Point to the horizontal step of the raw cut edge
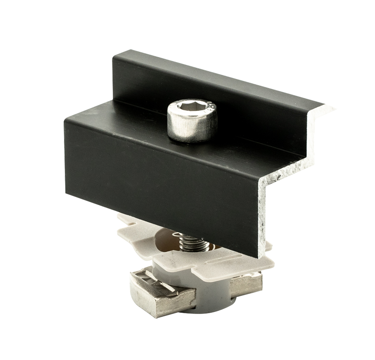click(x=287, y=169)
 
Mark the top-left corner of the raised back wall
click(x=115, y=52)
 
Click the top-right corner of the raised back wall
click(x=323, y=103)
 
